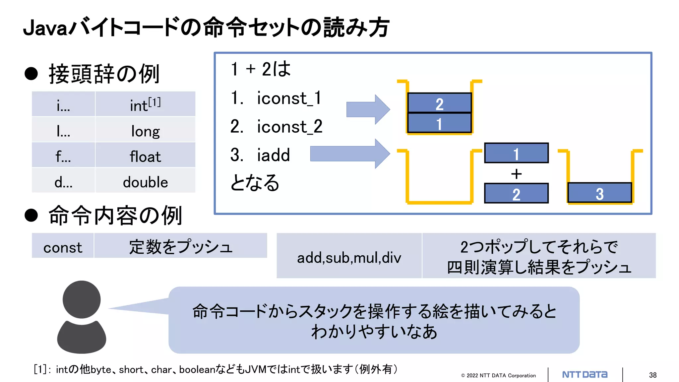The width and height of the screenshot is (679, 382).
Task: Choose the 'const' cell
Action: [x=63, y=247]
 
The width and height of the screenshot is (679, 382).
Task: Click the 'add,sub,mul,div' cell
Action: [x=349, y=257]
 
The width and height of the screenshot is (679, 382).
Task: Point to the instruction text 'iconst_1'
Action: [x=289, y=98]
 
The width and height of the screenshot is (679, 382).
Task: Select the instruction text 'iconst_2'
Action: [x=289, y=127]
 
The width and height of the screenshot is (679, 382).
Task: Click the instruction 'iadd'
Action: [x=273, y=155]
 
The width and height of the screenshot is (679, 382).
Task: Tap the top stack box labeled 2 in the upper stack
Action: [x=439, y=103]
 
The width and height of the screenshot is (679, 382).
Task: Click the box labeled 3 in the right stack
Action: [x=599, y=193]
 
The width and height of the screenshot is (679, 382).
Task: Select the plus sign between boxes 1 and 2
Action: [x=516, y=174]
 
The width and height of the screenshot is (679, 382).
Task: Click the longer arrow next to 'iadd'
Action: [x=350, y=154]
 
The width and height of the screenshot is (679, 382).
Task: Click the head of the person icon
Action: [x=82, y=299]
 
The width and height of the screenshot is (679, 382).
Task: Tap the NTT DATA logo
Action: [x=585, y=375]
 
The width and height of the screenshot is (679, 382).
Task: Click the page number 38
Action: [x=652, y=375]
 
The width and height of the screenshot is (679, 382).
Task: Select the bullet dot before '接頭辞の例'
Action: [x=31, y=73]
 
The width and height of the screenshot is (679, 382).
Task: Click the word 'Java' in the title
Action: [x=45, y=28]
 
